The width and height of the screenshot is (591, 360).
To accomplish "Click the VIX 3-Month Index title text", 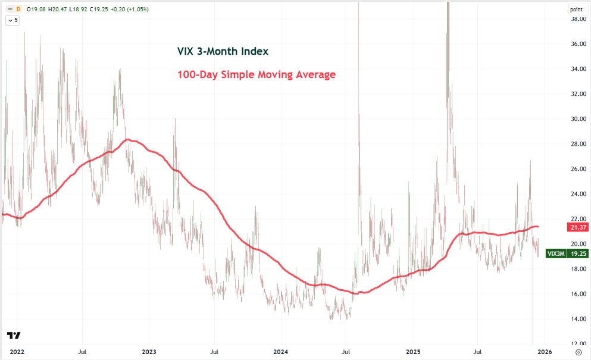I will (x=223, y=52).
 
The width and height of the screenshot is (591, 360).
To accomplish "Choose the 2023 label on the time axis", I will (x=149, y=352).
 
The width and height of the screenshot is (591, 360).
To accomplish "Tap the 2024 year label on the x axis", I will (x=281, y=352).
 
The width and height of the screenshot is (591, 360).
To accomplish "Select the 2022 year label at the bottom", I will (x=17, y=352).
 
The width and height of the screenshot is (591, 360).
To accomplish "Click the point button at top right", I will (x=576, y=10).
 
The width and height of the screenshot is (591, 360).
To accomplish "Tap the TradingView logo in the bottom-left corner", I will (x=14, y=336).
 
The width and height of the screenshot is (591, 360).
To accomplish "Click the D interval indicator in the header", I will (x=18, y=10).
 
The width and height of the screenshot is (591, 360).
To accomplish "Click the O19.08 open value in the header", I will (x=36, y=10).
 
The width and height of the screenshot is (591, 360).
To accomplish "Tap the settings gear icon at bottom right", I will (x=579, y=352).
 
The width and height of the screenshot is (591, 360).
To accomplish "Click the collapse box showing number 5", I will (x=12, y=20).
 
